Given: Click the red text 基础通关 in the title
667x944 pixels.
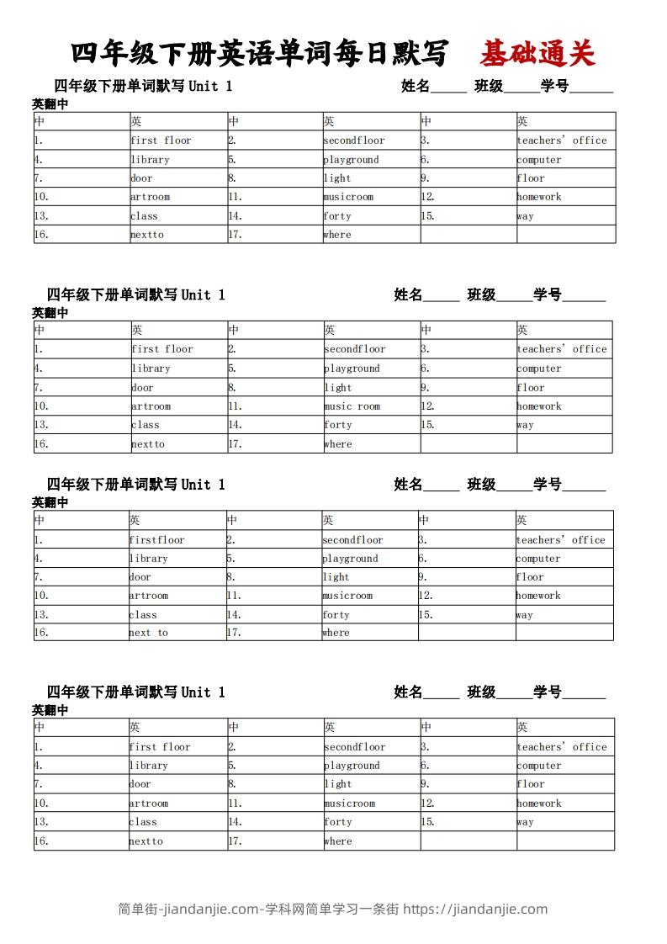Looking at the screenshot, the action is coord(537,55).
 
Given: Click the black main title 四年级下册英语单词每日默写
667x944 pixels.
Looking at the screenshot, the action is coord(259,55).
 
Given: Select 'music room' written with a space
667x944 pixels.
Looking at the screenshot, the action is coord(352,406).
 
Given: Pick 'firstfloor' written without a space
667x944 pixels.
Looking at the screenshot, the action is coord(156,540).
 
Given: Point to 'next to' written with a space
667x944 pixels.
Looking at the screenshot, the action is coord(148,633).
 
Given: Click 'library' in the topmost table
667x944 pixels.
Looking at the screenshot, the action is coord(150,160).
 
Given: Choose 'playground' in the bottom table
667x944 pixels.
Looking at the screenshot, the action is coord(352,766).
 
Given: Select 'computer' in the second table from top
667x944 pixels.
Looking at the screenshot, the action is coord(539,369).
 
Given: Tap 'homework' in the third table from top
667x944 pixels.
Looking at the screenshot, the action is coord(538,596).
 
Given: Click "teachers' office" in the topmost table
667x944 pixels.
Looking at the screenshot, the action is coord(562,141).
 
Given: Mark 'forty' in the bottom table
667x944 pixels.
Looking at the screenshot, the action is coord(338,822).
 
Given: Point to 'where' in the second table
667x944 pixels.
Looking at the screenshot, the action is coord(338,444).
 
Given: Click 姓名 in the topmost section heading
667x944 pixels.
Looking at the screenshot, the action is coord(416,86).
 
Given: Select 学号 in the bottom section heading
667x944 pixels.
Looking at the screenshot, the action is coord(548,692).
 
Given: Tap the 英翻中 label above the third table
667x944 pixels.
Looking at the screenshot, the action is coord(50,502).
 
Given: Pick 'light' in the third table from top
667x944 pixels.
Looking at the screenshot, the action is coord(336,577).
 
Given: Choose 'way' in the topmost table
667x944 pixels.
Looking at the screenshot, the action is coord(525,216).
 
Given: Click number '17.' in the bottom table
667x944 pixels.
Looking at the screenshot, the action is coord(235,841).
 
